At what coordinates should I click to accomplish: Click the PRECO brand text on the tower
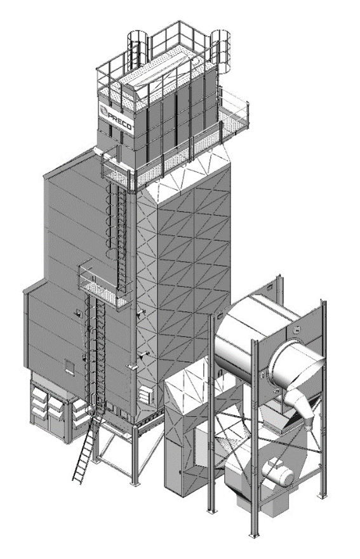(121, 119)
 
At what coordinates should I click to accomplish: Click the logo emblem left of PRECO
(103, 111)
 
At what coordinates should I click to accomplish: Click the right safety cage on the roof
(220, 50)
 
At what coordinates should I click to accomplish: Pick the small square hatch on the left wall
(69, 367)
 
